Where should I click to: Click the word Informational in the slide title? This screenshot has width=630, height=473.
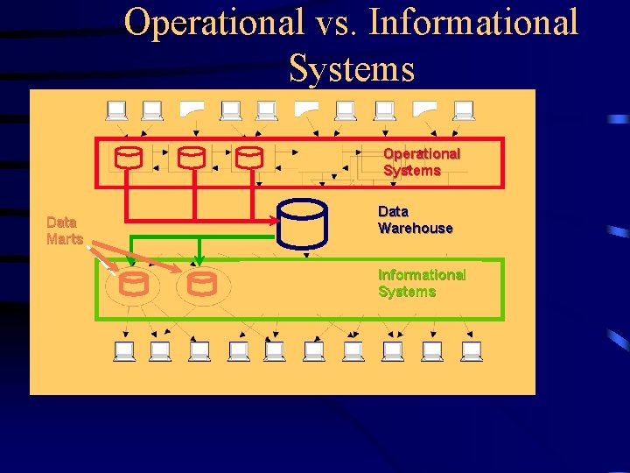(x=473, y=22)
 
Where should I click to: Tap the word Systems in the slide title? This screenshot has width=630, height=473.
(x=351, y=67)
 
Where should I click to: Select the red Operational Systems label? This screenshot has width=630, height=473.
(x=421, y=162)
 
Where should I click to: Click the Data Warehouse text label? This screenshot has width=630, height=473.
(x=415, y=220)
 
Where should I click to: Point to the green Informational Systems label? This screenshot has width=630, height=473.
(x=421, y=283)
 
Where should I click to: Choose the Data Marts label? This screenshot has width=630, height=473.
(x=64, y=230)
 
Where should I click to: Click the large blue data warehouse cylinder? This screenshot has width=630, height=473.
(x=303, y=222)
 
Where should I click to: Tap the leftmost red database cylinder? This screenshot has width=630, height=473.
(x=129, y=158)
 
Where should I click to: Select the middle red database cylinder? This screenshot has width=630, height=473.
(x=191, y=158)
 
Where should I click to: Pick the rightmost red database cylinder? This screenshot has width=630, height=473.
(x=249, y=158)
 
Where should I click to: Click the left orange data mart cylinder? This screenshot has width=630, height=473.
(x=134, y=284)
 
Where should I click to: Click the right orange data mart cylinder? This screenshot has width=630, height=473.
(x=202, y=284)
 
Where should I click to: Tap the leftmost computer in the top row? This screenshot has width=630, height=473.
(x=116, y=110)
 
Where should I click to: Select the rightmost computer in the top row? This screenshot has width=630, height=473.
(x=464, y=110)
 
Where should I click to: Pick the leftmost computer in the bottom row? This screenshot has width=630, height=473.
(x=124, y=351)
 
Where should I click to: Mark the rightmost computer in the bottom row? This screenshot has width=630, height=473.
(x=472, y=351)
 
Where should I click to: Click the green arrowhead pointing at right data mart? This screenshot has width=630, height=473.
(x=199, y=260)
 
